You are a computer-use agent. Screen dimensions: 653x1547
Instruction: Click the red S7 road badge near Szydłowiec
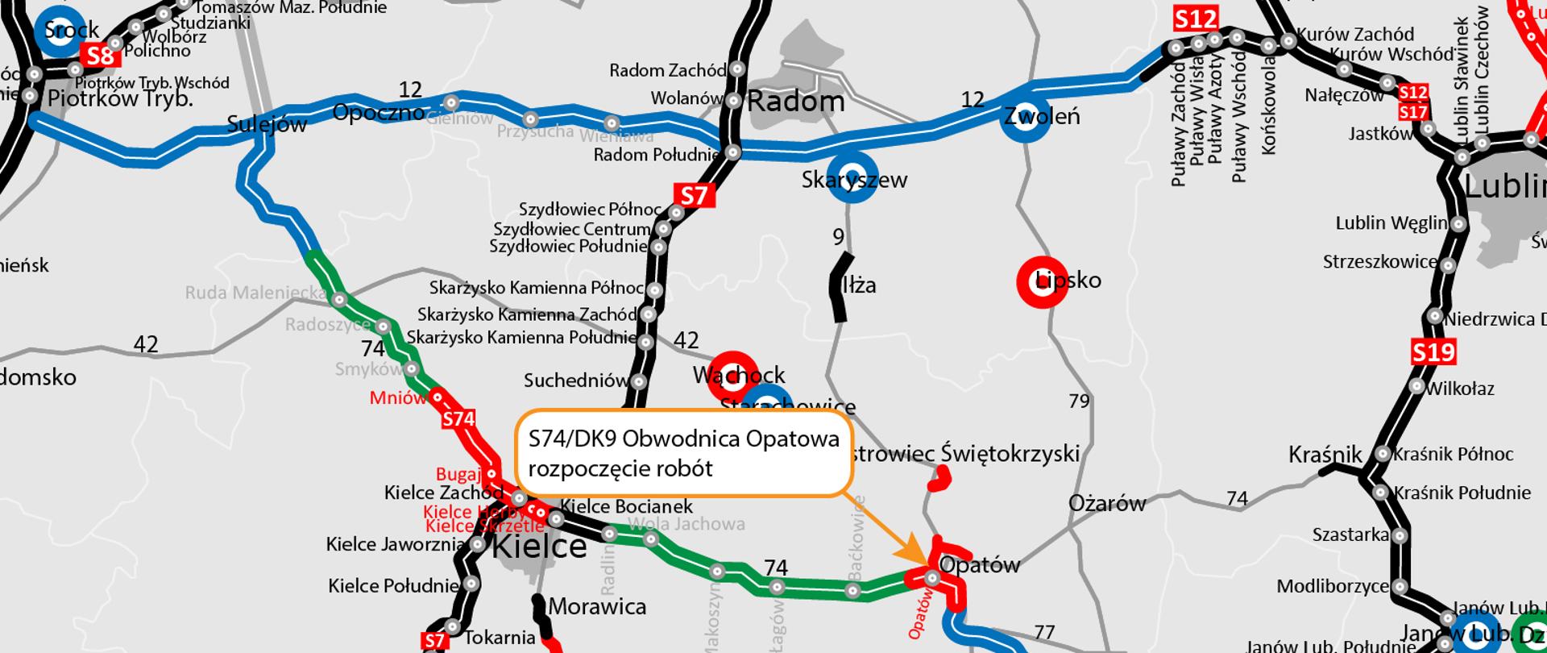[694, 195]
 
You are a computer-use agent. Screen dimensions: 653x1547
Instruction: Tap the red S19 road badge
[1433, 352]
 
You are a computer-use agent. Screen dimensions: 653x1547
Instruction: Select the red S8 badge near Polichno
[101, 56]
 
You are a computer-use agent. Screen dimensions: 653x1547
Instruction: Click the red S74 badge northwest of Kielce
[458, 419]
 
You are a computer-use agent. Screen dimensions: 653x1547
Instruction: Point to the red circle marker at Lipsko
[1042, 282]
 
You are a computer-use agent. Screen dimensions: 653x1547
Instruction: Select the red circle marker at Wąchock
[732, 374]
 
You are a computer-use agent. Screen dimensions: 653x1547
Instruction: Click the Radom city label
[796, 102]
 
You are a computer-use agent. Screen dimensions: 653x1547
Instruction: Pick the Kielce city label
[539, 547]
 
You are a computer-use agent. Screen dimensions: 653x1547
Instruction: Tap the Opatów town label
[980, 564]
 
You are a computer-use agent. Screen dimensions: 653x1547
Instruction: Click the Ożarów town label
[1107, 504]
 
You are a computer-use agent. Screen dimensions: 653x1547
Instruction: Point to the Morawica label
[598, 606]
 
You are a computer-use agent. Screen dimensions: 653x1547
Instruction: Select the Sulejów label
[267, 123]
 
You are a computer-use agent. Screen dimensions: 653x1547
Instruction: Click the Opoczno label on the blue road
[378, 112]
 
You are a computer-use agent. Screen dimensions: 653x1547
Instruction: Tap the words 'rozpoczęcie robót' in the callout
[620, 468]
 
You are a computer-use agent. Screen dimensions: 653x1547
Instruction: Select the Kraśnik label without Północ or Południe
[1325, 455]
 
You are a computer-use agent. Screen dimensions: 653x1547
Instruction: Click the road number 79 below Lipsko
[1079, 401]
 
